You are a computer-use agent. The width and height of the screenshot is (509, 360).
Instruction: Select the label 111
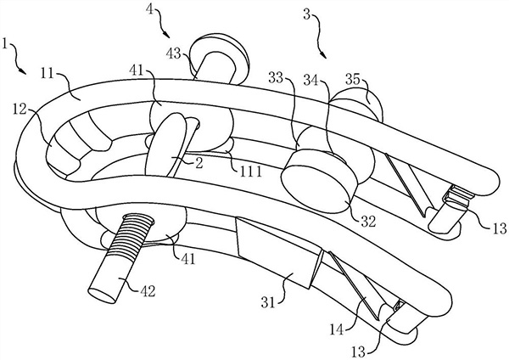point(249,172)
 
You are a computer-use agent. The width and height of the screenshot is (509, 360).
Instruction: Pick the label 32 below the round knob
point(367,220)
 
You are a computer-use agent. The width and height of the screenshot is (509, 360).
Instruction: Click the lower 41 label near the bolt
point(187,254)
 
